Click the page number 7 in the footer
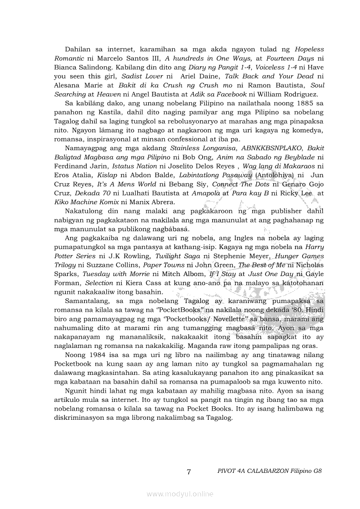(189, 472)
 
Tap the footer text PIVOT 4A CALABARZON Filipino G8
(269, 472)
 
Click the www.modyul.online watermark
(180, 494)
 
